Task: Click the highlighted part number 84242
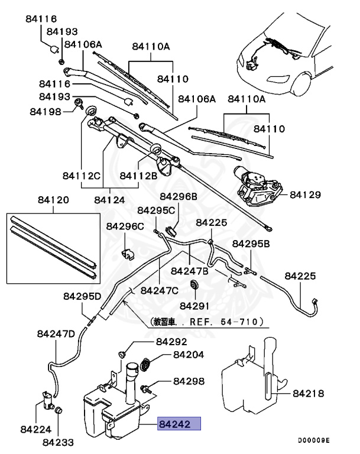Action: coord(179,424)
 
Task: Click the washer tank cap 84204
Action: coord(148,362)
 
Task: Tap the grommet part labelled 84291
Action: coord(193,286)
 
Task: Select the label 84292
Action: coord(171,342)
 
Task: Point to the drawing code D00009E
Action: coord(313,441)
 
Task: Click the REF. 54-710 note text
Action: coord(207,323)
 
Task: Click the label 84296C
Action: coord(125,226)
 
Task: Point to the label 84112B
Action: coord(138,175)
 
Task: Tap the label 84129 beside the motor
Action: coord(306,194)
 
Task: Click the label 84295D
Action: coord(83,296)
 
